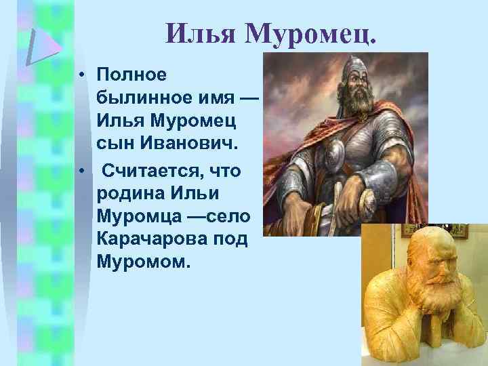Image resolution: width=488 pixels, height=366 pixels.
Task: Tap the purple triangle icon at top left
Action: click(42, 45)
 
